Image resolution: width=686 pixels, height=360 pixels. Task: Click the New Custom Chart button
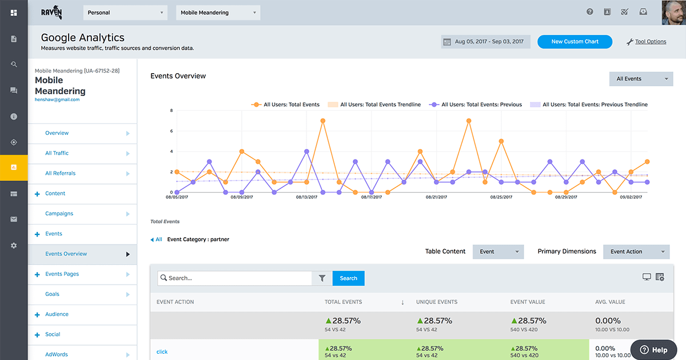click(x=575, y=42)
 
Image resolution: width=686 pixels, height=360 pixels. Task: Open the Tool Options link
click(x=650, y=42)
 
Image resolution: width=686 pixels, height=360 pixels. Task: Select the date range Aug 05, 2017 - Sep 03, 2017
click(x=485, y=42)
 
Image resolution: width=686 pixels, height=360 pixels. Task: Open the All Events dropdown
click(x=641, y=79)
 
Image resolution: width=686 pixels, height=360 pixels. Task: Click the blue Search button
click(x=348, y=278)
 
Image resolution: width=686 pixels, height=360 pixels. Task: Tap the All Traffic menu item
click(x=57, y=153)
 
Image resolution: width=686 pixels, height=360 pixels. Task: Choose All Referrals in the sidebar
click(x=60, y=173)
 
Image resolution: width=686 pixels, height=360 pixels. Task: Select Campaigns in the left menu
click(x=59, y=214)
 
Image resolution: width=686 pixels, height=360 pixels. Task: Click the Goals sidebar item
click(x=53, y=294)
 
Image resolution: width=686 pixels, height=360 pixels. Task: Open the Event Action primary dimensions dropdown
click(x=636, y=251)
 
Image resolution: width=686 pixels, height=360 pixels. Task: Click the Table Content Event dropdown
click(x=498, y=251)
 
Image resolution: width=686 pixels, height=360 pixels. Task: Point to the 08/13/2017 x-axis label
click(x=306, y=197)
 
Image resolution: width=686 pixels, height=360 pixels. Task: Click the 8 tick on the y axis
click(x=171, y=110)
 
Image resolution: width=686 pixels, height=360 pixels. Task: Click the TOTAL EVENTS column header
click(x=343, y=302)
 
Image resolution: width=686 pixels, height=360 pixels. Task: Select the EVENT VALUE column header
click(x=528, y=302)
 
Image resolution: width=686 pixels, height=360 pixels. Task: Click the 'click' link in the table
click(x=162, y=352)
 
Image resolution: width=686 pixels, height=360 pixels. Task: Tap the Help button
click(x=653, y=350)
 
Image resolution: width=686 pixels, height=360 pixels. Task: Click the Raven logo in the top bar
click(x=51, y=13)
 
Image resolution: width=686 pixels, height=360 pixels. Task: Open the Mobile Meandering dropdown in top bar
click(x=218, y=13)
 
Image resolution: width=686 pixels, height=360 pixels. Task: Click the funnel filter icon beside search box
click(x=322, y=278)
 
